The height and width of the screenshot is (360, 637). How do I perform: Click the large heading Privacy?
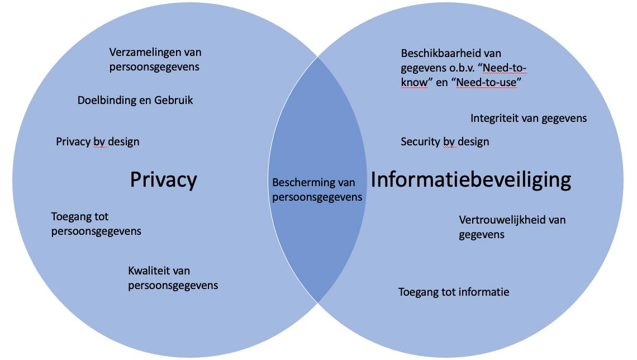[x=163, y=179]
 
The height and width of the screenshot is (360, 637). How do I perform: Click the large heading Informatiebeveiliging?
[x=470, y=179]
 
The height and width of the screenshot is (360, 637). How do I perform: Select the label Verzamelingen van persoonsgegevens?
[x=155, y=59]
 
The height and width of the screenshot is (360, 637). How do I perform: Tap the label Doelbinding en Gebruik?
[x=135, y=100]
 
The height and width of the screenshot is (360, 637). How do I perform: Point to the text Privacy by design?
[x=97, y=141]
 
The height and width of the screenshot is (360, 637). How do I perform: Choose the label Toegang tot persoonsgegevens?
[x=96, y=224]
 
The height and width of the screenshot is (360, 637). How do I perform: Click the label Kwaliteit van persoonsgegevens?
[x=173, y=278]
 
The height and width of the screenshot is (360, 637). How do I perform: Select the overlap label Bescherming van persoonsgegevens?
[x=317, y=190]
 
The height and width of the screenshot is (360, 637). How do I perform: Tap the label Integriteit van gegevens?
[x=528, y=118]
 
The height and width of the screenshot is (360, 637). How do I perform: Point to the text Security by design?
[x=444, y=141]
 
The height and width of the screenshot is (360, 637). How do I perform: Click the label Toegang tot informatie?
[x=453, y=292]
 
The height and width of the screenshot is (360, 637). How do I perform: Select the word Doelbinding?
[x=105, y=100]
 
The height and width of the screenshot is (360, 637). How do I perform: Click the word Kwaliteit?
[x=150, y=271]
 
